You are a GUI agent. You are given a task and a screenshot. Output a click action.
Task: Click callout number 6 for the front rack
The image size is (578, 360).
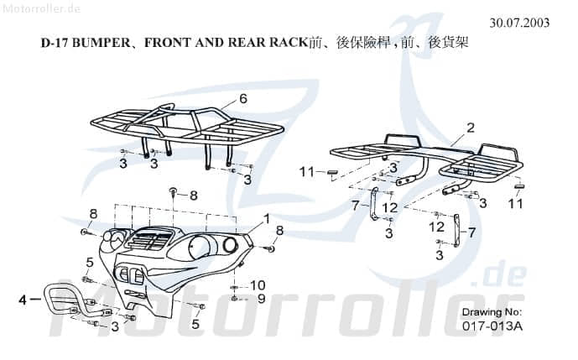pos(243,98)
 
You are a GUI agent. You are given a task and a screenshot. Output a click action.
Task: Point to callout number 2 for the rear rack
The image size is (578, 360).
pos(471,128)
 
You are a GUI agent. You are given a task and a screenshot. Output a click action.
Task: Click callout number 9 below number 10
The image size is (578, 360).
pos(261,298)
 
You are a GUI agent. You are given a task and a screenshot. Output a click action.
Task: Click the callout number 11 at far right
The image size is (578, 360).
pos(514,203)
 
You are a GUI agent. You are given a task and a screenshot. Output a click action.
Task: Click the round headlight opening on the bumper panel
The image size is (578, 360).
pos(229,244)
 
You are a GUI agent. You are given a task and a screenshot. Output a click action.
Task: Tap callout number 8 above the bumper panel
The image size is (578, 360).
pos(194,196)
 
